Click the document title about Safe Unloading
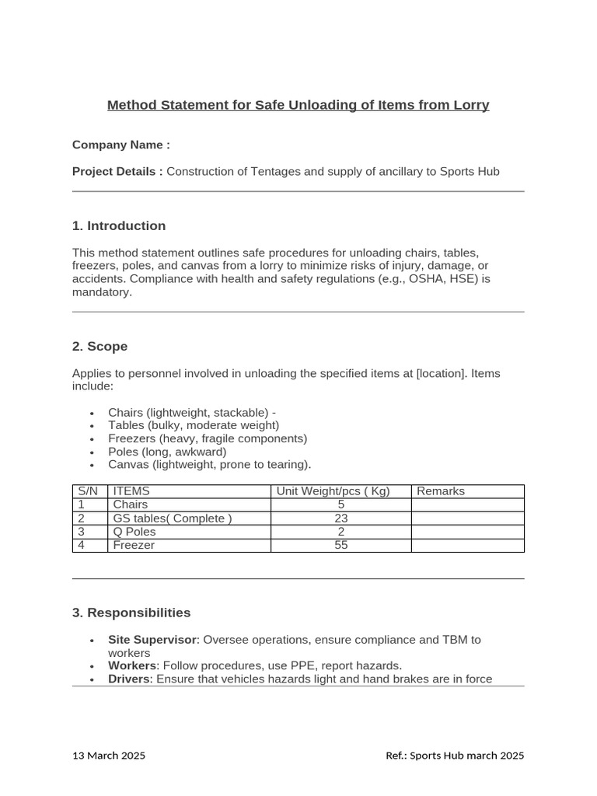[x=298, y=105]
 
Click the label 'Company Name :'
[x=120, y=145]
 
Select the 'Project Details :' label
[x=117, y=171]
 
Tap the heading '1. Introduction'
[x=118, y=226]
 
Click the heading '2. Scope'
[x=99, y=347]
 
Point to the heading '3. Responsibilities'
[x=131, y=613]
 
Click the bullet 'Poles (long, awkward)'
[x=167, y=452]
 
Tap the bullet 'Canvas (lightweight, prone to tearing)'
[x=209, y=465]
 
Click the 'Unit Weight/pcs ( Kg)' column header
[x=333, y=491]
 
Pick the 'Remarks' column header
[x=441, y=491]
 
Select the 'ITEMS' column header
[x=131, y=491]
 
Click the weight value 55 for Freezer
[x=340, y=546]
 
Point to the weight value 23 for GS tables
[x=340, y=518]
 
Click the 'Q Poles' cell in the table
[x=134, y=532]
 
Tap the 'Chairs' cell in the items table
[x=130, y=504]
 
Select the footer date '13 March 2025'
[x=109, y=756]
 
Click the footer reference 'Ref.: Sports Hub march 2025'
[x=455, y=756]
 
